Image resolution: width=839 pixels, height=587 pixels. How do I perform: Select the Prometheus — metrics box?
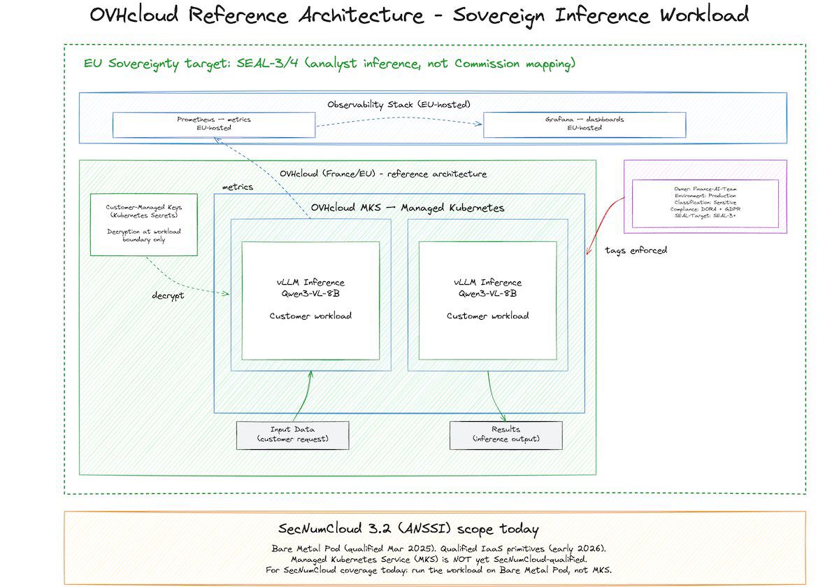tap(213, 125)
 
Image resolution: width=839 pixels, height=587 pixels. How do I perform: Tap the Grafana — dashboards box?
tap(584, 125)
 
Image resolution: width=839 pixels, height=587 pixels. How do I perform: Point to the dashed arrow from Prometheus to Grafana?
tap(399, 125)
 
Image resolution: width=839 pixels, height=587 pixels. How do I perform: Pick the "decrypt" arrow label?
tap(168, 295)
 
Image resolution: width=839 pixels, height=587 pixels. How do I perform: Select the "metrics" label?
tap(237, 187)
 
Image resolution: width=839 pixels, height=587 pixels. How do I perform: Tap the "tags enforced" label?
tap(636, 250)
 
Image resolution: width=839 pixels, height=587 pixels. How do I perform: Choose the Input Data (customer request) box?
tap(292, 434)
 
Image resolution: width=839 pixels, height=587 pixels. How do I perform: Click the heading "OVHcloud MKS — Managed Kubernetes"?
tap(407, 208)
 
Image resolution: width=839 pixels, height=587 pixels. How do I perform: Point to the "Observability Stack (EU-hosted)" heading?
tap(399, 104)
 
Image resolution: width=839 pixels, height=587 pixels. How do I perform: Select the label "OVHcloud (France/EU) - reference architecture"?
tap(382, 174)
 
